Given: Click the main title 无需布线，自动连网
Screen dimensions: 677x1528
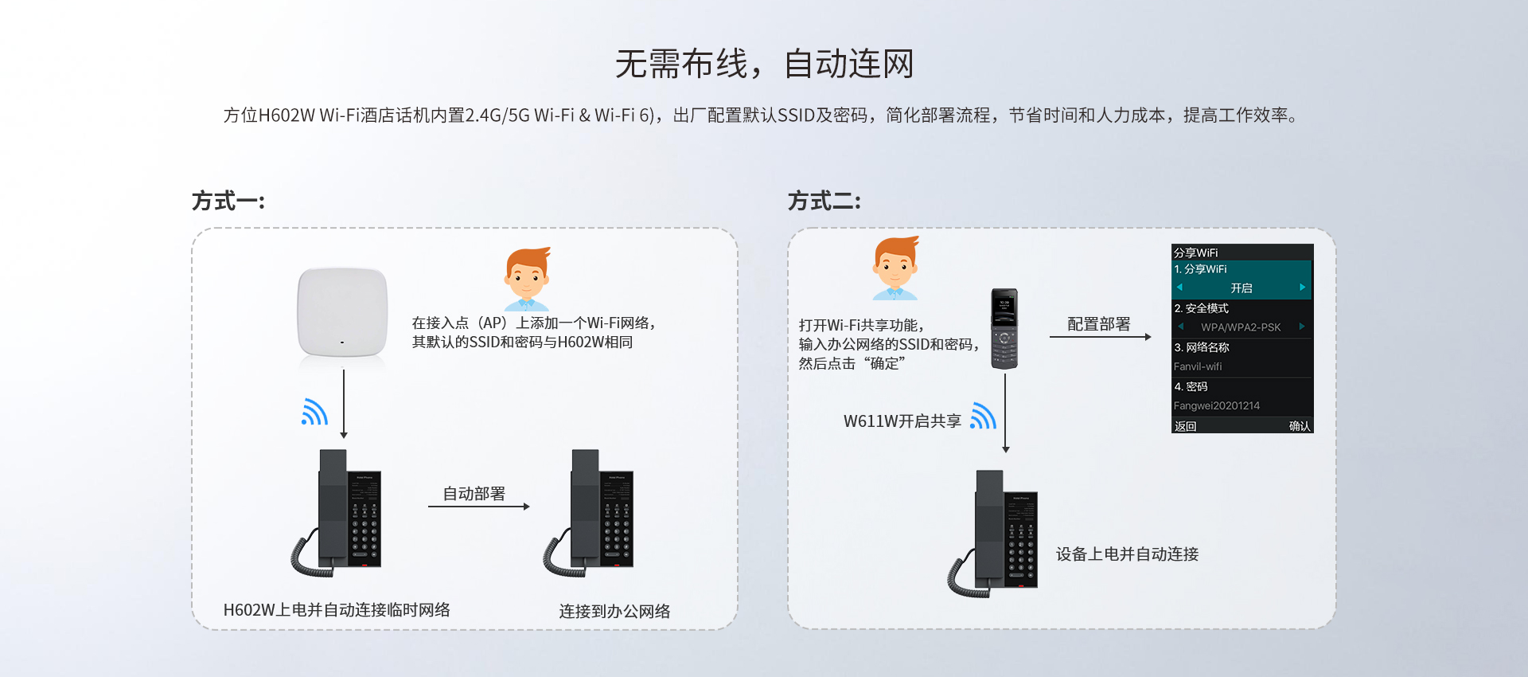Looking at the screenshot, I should point(764,64).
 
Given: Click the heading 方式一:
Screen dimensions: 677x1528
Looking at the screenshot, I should point(228,201).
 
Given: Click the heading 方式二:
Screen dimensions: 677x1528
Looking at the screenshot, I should point(824,201).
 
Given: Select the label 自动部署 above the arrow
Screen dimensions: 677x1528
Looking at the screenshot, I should point(474,494).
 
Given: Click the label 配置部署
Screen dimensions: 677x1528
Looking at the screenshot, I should point(1098,324).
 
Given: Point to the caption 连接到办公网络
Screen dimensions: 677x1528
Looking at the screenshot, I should point(614,611).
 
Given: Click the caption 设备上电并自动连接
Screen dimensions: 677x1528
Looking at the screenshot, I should point(1127,554).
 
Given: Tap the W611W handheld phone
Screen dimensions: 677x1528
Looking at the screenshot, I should point(1004,328).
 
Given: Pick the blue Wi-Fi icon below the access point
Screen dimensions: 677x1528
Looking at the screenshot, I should point(314,412).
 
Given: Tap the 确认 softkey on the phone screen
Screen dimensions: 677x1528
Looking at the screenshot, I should point(1299,426).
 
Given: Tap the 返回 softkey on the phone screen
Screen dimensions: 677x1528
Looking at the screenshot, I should point(1185,426).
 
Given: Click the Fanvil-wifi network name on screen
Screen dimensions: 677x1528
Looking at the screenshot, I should point(1198,366).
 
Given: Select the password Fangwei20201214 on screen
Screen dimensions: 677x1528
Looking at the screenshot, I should point(1217,405).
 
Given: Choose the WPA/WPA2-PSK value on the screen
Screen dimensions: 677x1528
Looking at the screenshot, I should point(1241,327).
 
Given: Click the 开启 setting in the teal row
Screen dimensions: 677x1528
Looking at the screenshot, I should point(1241,288).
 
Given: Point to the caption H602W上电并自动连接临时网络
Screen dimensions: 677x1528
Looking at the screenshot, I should point(337,610).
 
